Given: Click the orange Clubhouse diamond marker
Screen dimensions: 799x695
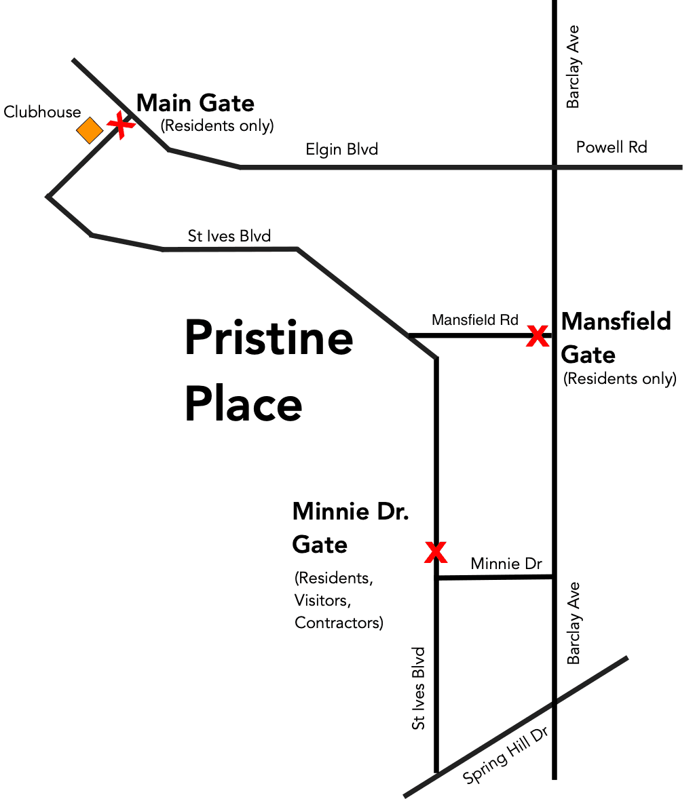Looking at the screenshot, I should tap(90, 130).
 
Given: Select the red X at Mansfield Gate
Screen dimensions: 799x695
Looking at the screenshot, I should tap(538, 336).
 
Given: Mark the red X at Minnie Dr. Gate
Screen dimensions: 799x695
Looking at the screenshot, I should tap(436, 552).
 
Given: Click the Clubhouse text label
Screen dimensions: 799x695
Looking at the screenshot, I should tap(42, 112).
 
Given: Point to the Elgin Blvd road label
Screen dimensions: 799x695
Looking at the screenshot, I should tap(341, 149).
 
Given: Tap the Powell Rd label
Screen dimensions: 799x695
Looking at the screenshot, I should tap(611, 147).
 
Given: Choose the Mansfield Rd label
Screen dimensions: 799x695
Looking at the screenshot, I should tap(474, 319).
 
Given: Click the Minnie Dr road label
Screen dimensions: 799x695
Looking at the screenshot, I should tap(506, 564).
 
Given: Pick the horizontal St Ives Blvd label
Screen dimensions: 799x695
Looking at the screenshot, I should tap(229, 236).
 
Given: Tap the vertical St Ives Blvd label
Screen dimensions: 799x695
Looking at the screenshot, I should tap(419, 688).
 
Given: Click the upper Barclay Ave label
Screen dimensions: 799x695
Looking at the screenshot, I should tap(574, 66).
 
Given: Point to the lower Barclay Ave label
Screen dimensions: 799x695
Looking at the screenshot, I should tap(574, 623).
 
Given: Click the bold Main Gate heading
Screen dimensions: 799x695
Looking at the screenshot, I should tap(195, 103).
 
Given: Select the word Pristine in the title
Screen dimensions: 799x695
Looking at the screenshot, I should tap(269, 338).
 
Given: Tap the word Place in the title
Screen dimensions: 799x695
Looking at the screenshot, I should tap(243, 404).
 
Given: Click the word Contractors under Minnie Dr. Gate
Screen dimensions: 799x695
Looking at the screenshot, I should tap(339, 623).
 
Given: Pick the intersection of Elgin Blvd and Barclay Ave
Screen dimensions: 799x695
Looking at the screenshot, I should tap(555, 167).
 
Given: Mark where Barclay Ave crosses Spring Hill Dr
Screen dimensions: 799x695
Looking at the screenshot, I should tap(555, 703).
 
